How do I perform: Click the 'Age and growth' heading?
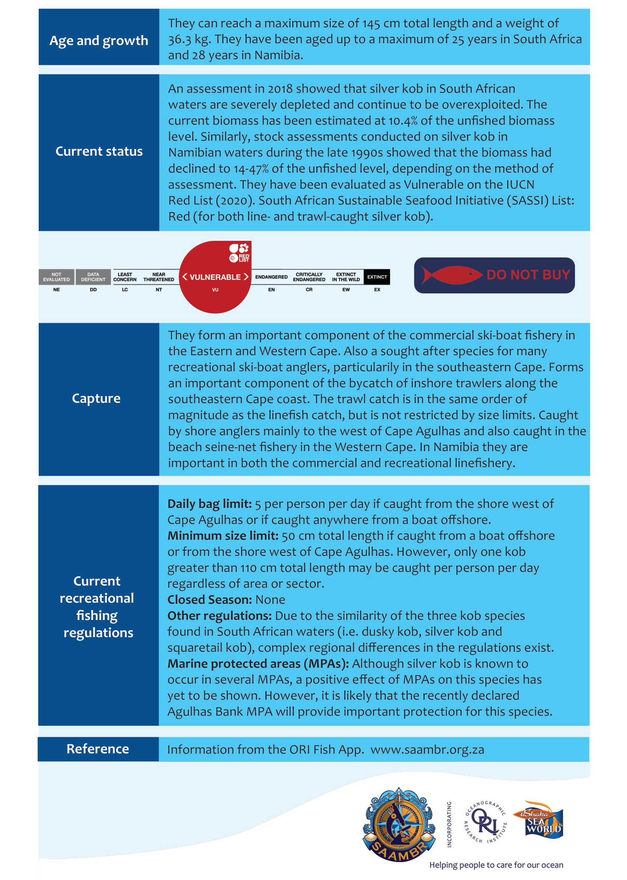tap(98, 41)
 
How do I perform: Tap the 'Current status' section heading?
tap(99, 152)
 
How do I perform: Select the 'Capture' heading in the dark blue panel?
tap(96, 398)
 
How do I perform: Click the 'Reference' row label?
tap(98, 749)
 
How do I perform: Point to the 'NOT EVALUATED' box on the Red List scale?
tap(56, 277)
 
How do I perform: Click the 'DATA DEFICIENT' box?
tap(93, 277)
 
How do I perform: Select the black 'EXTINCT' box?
tap(377, 277)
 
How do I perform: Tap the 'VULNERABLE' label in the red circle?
tap(215, 277)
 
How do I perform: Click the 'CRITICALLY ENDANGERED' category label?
tap(309, 277)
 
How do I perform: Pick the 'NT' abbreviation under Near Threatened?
tap(159, 290)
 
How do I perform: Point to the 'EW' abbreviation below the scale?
tap(346, 290)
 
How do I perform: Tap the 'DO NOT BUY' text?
tap(528, 275)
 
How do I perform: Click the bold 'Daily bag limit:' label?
tap(210, 504)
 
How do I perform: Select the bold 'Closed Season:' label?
tap(210, 600)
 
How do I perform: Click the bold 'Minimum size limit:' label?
tap(223, 536)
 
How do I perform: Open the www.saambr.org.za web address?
tap(427, 750)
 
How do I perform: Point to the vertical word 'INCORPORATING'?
tap(449, 824)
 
